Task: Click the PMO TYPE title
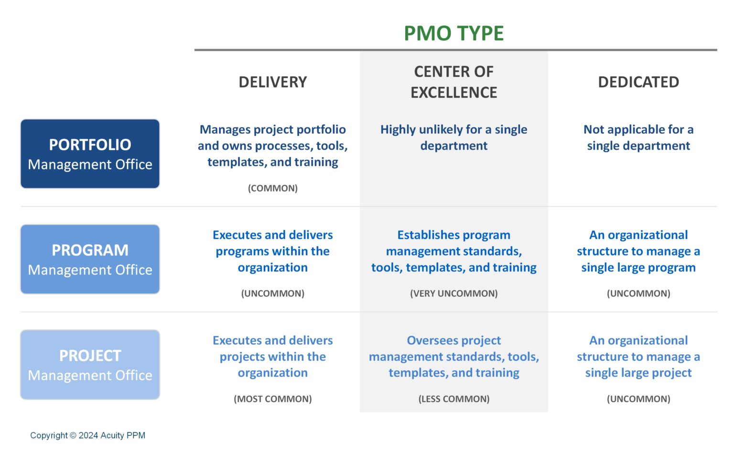click(x=453, y=33)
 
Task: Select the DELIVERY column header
click(x=272, y=82)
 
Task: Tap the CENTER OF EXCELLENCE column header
click(x=453, y=82)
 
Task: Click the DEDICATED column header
click(x=638, y=82)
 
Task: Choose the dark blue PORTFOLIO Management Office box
click(x=90, y=154)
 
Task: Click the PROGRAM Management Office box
click(x=90, y=260)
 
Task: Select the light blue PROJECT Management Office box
click(x=90, y=365)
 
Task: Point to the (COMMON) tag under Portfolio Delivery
click(x=272, y=188)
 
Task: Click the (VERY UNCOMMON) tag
click(x=453, y=293)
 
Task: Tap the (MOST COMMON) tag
click(x=272, y=399)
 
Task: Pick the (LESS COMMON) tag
click(x=453, y=399)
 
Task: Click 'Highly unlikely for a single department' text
click(x=453, y=138)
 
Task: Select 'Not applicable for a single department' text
click(x=638, y=138)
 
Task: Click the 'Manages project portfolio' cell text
click(x=272, y=146)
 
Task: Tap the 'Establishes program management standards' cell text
click(x=453, y=251)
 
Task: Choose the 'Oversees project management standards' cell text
click(x=453, y=357)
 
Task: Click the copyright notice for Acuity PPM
click(x=87, y=435)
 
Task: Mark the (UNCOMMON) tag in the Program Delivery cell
click(x=272, y=293)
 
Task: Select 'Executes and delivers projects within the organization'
click(x=272, y=357)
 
